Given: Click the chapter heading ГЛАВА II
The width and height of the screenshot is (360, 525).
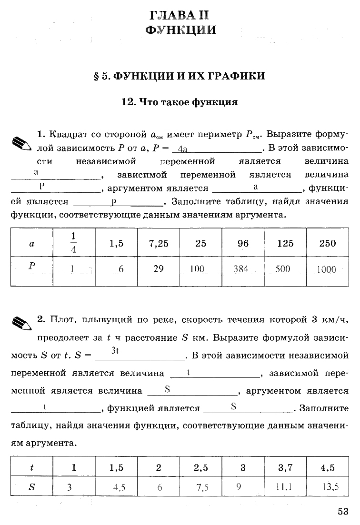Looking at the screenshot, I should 180,15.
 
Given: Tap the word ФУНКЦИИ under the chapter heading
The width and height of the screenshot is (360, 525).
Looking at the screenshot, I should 180,30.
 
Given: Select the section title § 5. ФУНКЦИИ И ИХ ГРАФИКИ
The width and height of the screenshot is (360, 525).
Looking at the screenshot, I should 180,76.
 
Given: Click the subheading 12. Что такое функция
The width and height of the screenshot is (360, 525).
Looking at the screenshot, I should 180,102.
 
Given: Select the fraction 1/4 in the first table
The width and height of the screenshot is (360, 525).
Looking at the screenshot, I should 73,243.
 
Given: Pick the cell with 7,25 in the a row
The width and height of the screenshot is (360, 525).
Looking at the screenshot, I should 159,243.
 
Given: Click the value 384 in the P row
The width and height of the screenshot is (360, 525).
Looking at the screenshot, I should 241,269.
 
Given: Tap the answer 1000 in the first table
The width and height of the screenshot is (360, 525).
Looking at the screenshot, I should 326,269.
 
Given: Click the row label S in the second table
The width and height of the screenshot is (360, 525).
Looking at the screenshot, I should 32,487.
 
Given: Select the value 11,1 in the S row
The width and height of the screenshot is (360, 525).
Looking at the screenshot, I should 284,487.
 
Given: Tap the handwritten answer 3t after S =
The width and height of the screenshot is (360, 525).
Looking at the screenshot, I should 114,351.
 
